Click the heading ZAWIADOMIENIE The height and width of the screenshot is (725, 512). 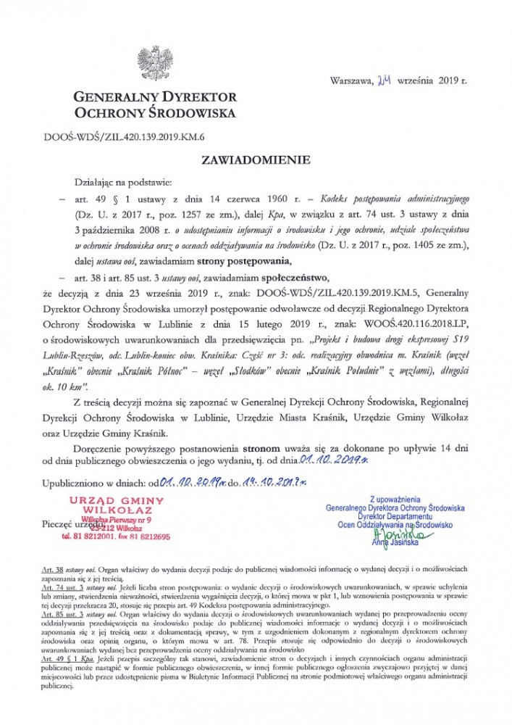256,158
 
